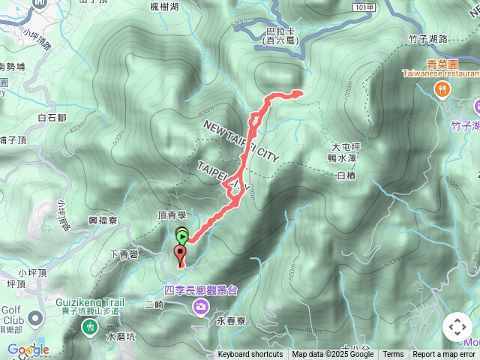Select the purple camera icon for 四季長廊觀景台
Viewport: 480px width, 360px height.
point(200,304)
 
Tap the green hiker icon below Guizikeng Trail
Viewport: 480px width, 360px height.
point(90,326)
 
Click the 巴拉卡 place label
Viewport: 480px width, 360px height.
point(280,31)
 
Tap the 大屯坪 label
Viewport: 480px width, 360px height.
point(346,146)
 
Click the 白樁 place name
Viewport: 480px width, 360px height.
point(345,175)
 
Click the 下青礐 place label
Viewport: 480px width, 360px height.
point(123,255)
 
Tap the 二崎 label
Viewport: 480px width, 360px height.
point(154,304)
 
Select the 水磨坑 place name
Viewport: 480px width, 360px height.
point(121,337)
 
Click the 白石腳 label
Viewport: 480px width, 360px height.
point(52,118)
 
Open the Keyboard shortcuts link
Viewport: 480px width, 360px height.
point(250,355)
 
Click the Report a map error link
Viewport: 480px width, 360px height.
point(444,355)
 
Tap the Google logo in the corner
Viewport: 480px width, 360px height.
point(28,349)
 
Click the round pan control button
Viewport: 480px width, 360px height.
point(457,327)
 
